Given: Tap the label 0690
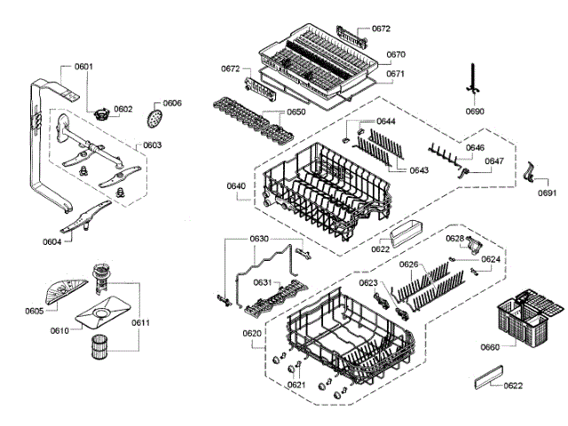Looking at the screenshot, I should point(476,112).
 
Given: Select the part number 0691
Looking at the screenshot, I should point(548,193).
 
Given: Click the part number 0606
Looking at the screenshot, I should point(171,103).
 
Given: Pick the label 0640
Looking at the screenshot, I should point(236,185).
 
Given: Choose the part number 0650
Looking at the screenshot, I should point(296,113).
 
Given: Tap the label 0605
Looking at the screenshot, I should point(35,311).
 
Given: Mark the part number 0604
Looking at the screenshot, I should point(53,241).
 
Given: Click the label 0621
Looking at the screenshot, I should point(296,384).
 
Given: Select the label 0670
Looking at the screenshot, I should point(396,54).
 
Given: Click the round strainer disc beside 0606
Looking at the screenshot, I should point(154,116).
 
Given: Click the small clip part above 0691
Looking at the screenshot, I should point(534,170).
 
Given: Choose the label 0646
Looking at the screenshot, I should point(476,147).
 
